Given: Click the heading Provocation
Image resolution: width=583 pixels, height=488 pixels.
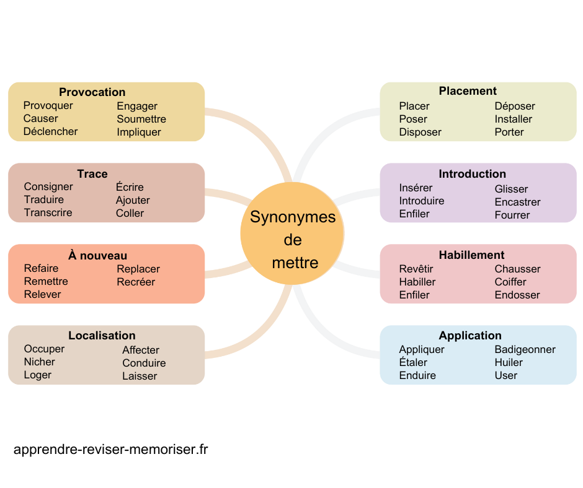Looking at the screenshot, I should [92, 92].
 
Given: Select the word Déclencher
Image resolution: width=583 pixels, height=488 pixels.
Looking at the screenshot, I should [50, 131].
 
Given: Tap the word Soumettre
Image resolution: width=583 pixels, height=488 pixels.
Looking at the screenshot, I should [141, 119].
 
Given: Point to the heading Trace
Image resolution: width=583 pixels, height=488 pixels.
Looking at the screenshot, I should [92, 174].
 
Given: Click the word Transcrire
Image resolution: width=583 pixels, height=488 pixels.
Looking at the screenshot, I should [48, 212].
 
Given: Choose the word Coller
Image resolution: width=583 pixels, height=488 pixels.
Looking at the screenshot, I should [130, 213].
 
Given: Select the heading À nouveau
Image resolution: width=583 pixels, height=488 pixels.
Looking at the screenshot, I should [97, 256].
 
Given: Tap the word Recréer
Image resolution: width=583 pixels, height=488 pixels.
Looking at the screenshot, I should [136, 282].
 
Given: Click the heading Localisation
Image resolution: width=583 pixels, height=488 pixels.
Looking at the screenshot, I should [102, 336].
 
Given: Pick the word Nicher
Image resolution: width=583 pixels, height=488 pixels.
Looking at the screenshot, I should [39, 362].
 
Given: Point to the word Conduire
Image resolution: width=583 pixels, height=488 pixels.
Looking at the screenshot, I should [144, 363].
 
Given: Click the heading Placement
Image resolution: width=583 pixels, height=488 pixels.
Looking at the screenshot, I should [468, 91].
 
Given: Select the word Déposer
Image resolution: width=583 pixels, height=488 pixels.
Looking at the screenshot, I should [514, 106].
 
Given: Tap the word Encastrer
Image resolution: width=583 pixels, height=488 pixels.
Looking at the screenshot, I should [517, 202].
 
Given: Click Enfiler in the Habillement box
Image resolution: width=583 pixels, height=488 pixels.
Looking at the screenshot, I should [414, 295].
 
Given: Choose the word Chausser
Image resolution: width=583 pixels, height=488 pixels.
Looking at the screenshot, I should [517, 269].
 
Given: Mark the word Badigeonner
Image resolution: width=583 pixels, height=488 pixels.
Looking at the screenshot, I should [525, 349].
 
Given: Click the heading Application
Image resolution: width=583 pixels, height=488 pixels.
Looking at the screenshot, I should [470, 336].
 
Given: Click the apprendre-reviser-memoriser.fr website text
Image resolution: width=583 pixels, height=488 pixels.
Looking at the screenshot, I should [110, 450].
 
